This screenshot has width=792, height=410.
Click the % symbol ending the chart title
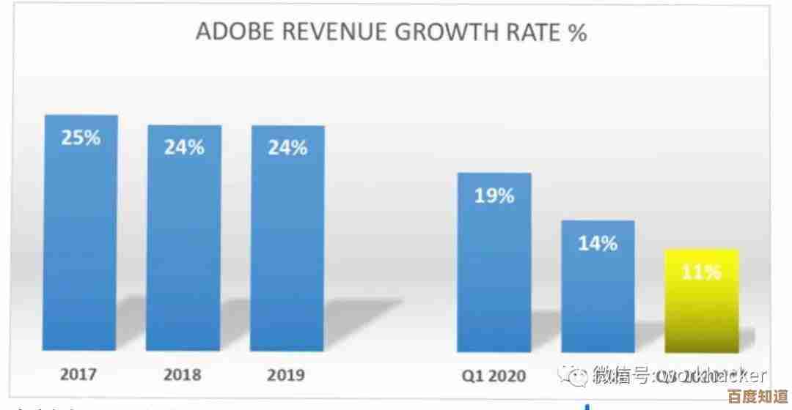tap(576, 33)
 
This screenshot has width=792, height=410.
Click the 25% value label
tap(81, 138)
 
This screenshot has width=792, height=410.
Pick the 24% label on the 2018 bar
tap(184, 147)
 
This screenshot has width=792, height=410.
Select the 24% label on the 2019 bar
tap(287, 147)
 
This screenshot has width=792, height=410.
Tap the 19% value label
tap(494, 195)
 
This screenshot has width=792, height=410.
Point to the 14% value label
tap(598, 244)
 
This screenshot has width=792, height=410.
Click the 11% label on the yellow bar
tap(701, 272)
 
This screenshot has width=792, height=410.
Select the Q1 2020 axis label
tap(494, 375)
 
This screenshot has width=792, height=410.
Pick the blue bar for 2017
tap(81, 242)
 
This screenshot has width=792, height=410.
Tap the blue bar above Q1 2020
tap(494, 278)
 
